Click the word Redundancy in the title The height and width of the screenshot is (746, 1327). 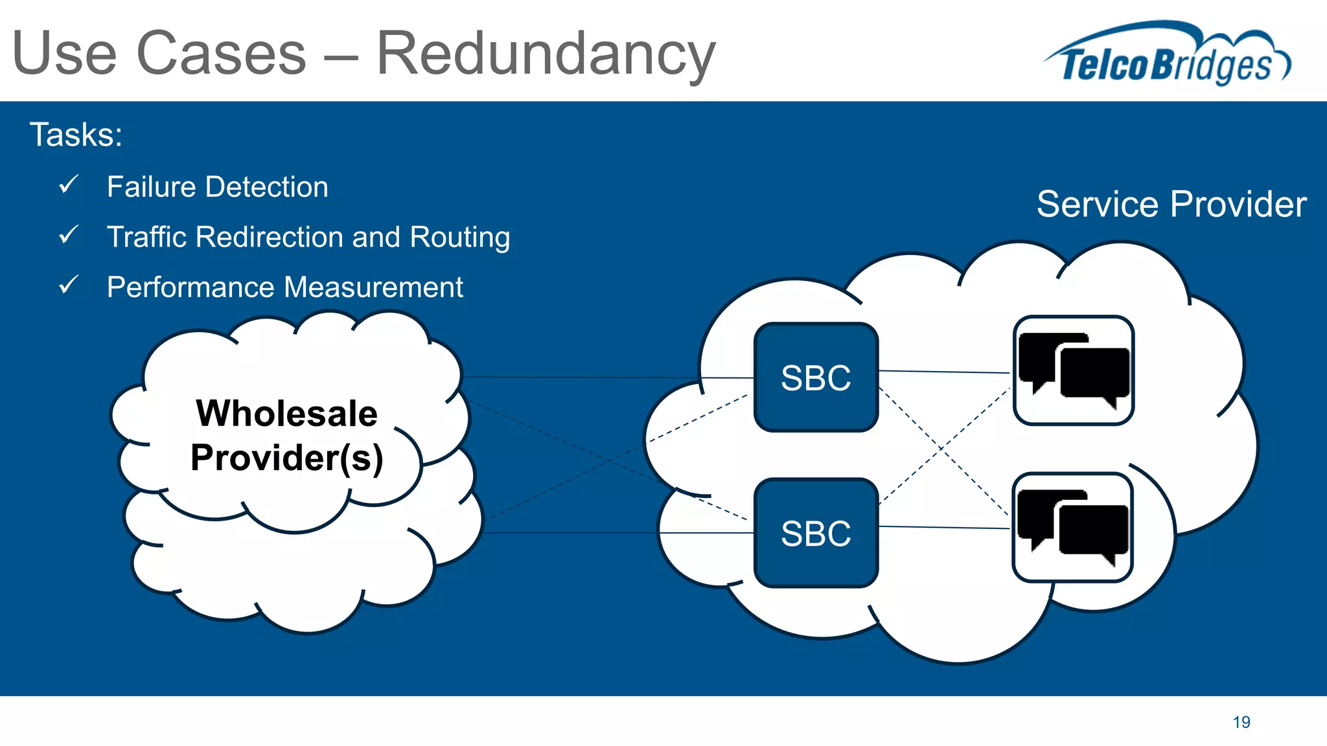click(546, 53)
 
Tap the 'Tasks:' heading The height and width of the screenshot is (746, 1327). click(76, 135)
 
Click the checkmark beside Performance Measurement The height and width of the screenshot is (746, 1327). click(68, 284)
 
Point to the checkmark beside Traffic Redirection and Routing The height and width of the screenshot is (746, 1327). click(68, 234)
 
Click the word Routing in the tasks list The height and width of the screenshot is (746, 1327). click(459, 237)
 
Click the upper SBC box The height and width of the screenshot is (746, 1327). click(816, 378)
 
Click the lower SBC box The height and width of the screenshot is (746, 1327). click(816, 533)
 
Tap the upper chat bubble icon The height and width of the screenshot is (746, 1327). click(1073, 370)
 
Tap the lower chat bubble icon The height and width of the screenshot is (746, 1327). click(1072, 527)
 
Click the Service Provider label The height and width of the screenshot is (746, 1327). click(1171, 204)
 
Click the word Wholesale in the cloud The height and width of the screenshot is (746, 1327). click(286, 413)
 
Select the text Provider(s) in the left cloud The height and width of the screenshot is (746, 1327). click(286, 457)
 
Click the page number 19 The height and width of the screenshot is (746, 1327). click(1241, 722)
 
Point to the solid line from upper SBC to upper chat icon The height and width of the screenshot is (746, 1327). click(944, 372)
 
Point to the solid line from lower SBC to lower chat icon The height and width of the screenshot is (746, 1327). click(944, 528)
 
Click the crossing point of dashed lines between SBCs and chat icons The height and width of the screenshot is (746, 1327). click(943, 449)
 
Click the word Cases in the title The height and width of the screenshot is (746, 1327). click(221, 53)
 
